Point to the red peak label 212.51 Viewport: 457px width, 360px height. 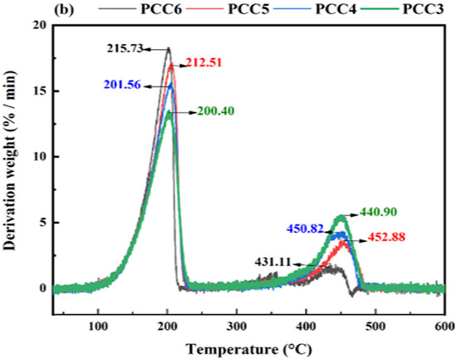(x=204, y=62)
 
